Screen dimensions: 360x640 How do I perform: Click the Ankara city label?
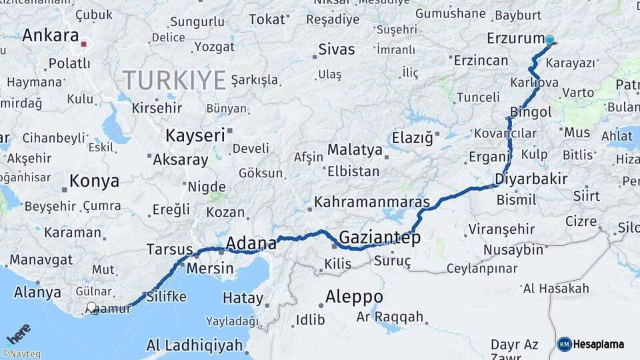[51, 35]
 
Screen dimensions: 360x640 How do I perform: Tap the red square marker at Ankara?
[84, 45]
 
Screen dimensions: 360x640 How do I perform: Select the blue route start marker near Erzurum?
[549, 40]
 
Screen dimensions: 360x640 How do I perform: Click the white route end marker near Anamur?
[91, 307]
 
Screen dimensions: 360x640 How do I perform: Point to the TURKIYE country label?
[174, 80]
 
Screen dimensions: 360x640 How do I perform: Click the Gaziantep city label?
[379, 237]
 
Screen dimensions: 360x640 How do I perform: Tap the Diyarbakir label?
[531, 179]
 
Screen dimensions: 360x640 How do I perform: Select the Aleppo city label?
[354, 296]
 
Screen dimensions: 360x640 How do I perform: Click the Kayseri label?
[195, 135]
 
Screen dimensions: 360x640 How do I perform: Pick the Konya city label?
[95, 181]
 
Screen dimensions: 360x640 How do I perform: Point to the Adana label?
[251, 243]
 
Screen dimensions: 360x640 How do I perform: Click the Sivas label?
[337, 49]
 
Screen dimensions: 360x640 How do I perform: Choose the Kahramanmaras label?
[372, 201]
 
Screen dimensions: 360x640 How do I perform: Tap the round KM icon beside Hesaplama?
[564, 344]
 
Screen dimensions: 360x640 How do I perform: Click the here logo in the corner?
[19, 334]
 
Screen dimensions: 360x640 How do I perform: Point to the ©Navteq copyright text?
[21, 354]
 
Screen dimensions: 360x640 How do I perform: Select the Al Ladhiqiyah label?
[194, 345]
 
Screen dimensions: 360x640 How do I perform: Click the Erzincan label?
[481, 60]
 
